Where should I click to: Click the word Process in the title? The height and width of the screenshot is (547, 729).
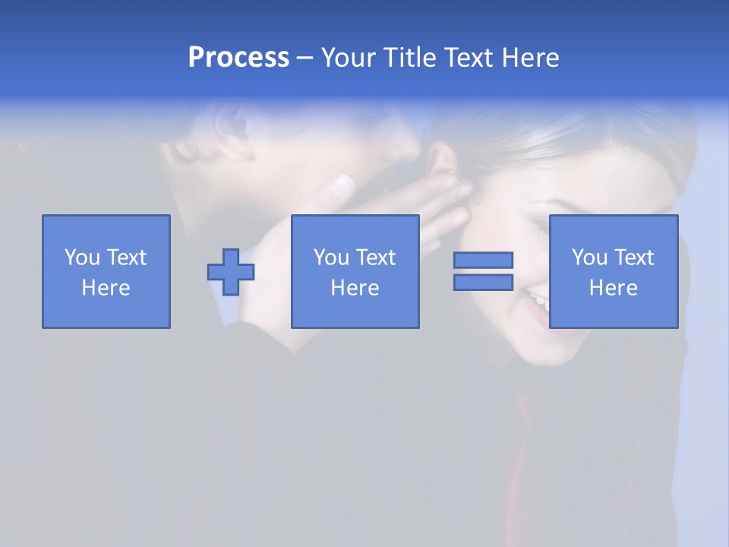238,58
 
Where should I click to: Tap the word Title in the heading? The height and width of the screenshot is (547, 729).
407,58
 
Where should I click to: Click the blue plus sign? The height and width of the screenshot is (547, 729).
231,272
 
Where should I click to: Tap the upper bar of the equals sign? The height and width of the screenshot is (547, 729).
483,260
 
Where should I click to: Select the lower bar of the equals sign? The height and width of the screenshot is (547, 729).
483,283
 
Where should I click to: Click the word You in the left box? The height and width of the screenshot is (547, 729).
82,258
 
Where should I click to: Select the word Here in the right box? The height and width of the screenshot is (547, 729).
613,288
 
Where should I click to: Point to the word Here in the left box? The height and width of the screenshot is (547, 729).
106,288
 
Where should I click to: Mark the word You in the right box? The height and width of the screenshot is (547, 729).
589,258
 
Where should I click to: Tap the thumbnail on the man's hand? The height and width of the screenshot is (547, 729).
343,184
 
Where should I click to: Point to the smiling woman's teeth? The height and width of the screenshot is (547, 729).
541,300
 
